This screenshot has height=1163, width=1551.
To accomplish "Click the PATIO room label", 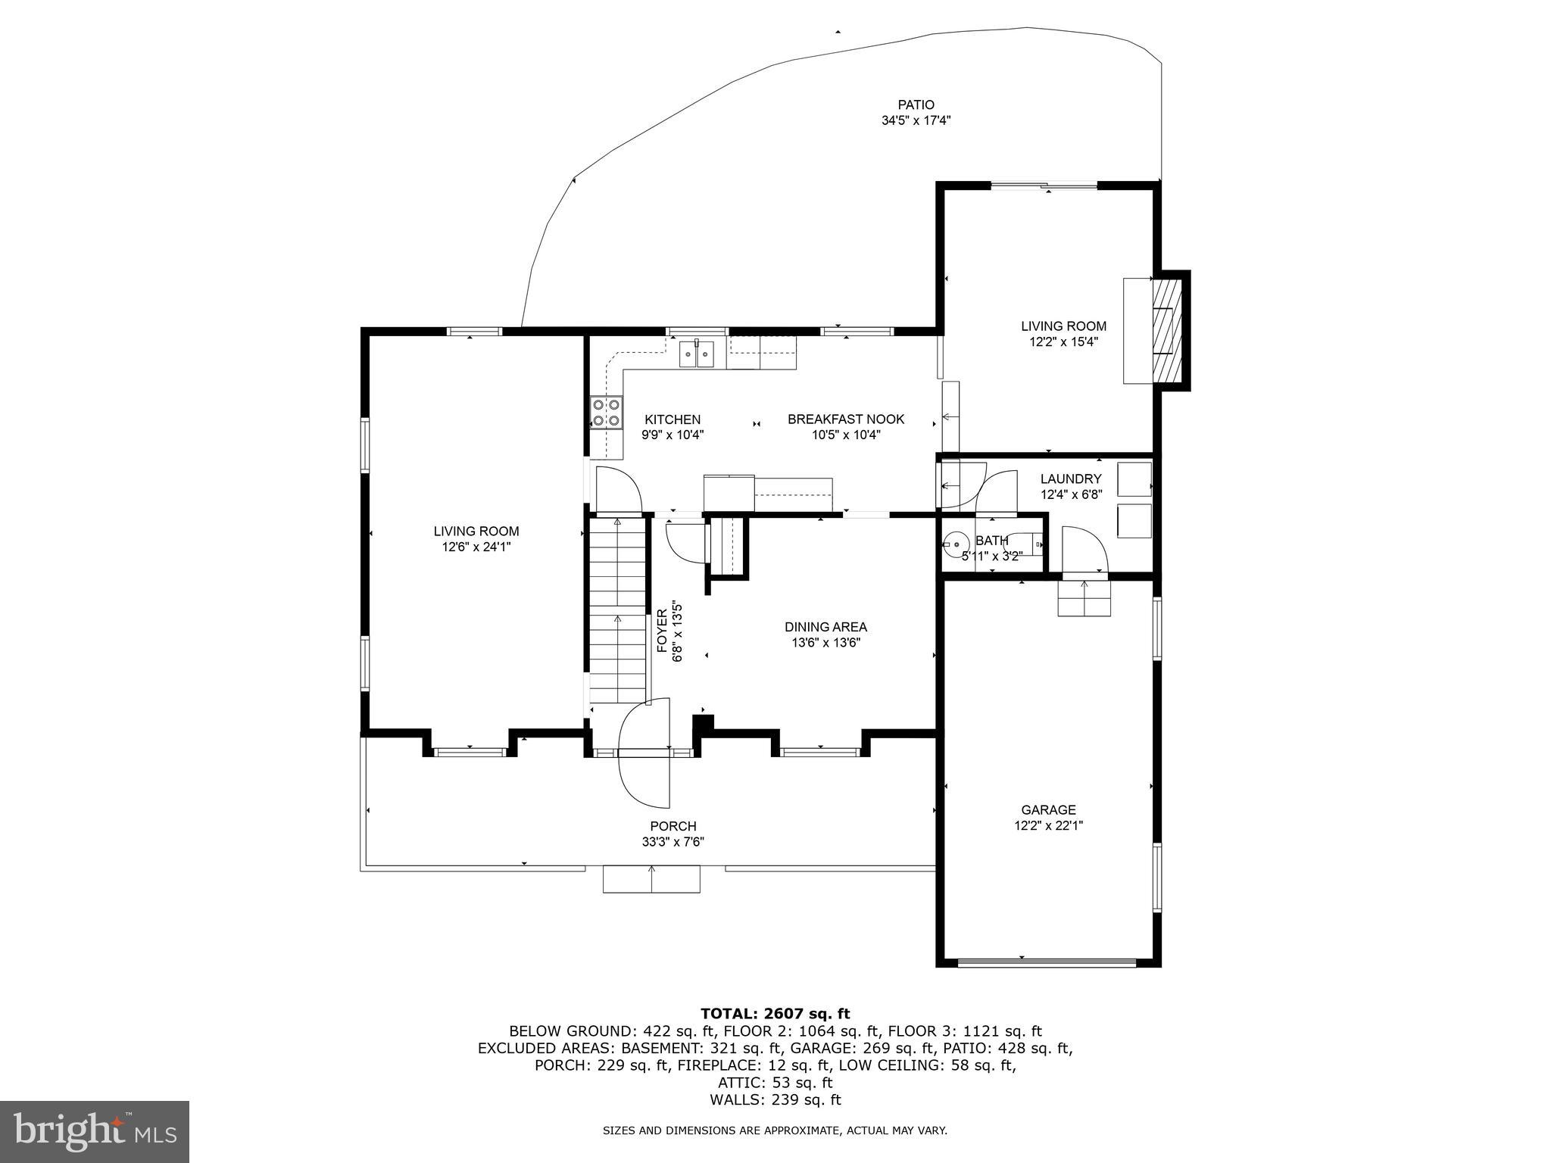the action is [916, 105].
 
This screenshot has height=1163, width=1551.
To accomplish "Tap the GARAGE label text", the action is [1048, 809].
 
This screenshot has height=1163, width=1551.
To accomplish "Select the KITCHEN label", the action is [673, 419].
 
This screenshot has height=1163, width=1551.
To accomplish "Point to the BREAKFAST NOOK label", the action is [846, 419].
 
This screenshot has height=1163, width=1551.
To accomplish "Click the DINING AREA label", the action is [825, 627].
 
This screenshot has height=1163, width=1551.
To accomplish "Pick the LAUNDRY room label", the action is [1071, 479].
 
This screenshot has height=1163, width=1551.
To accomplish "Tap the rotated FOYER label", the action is [662, 631].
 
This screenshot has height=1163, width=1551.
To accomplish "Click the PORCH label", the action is [673, 826].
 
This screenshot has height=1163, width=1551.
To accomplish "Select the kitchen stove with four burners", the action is [606, 413].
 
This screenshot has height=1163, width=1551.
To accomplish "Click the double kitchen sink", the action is [697, 354].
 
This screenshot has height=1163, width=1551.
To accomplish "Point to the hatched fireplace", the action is [1166, 331].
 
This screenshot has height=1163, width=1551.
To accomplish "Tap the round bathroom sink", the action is [956, 542].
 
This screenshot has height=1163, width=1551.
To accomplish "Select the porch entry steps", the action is [651, 879].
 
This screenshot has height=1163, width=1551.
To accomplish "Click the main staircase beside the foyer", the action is [618, 610].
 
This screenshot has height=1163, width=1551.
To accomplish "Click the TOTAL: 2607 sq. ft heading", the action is [775, 1013].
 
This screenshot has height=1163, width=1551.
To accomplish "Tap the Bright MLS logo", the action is [94, 1131].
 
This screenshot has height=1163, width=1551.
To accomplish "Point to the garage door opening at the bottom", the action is [1048, 962].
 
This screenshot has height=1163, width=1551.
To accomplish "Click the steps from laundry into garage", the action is [1084, 597].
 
